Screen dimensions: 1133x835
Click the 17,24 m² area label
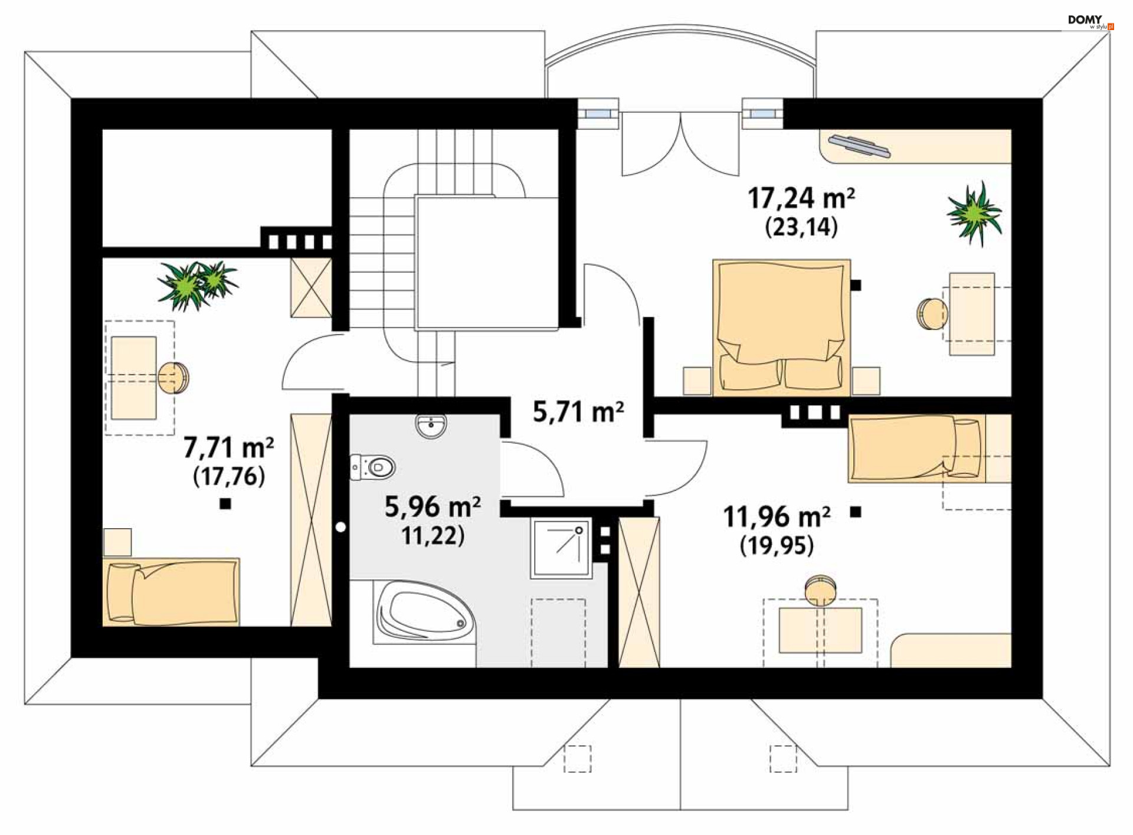tap(801, 198)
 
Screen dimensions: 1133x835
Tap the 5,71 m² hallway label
tap(578, 411)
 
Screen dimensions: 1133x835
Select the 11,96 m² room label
tap(777, 517)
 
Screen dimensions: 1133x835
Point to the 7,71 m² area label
tap(228, 447)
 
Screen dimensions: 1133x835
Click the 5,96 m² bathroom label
tap(433, 507)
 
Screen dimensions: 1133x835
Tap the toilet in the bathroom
tap(372, 467)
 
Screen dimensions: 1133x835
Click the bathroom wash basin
tap(431, 426)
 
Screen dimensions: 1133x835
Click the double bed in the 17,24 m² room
tap(781, 328)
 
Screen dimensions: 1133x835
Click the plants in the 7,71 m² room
tap(197, 284)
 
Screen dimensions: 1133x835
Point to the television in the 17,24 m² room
tap(859, 146)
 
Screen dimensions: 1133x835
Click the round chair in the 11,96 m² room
tap(820, 590)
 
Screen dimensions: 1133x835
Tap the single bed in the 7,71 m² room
tap(171, 591)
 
